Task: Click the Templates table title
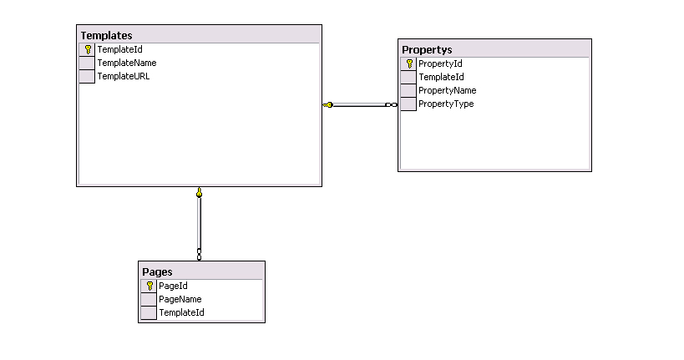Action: click(x=106, y=35)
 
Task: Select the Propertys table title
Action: click(x=427, y=50)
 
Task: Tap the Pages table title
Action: click(x=157, y=271)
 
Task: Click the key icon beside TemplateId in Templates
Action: click(x=88, y=49)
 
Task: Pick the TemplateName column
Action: click(x=126, y=63)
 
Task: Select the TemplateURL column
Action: click(x=124, y=76)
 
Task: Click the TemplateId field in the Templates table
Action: click(x=119, y=49)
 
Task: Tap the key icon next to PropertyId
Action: click(x=409, y=63)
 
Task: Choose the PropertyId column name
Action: click(x=440, y=63)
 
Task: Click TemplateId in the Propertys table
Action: click(x=441, y=77)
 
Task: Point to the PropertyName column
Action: click(x=447, y=90)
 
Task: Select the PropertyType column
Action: click(x=446, y=104)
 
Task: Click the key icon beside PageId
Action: click(x=149, y=286)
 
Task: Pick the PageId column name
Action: click(x=173, y=286)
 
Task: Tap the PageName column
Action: click(x=180, y=299)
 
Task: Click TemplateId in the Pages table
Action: click(x=181, y=312)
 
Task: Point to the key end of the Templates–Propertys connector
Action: click(x=327, y=104)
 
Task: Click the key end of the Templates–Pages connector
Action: click(x=199, y=192)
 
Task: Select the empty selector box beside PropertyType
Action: click(x=408, y=104)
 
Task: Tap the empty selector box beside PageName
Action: click(x=149, y=299)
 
